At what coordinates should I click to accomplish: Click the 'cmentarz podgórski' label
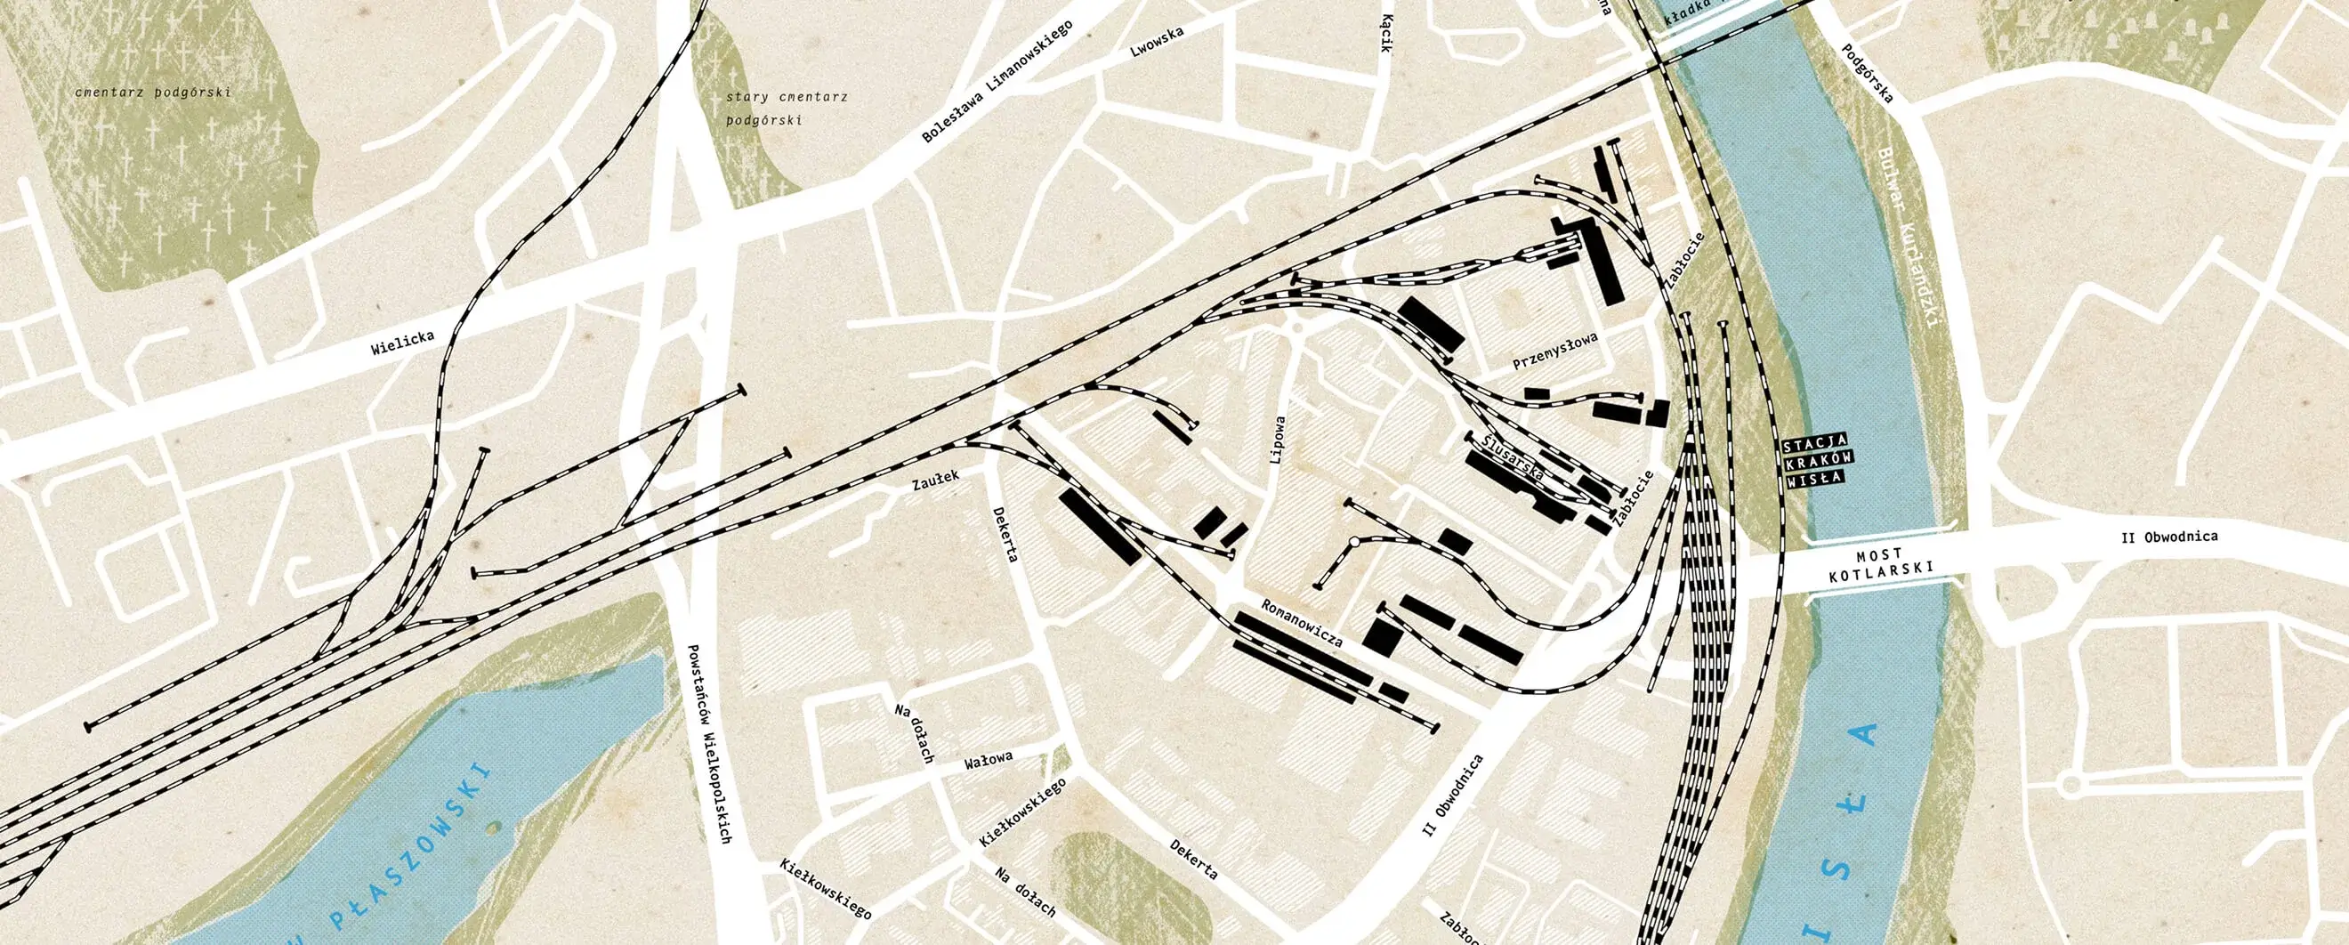[x=154, y=93]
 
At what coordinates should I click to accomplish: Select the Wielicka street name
[x=402, y=343]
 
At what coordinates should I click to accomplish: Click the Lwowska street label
[x=1157, y=42]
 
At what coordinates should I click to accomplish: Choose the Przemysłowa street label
[x=1555, y=351]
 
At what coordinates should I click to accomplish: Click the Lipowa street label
[x=1279, y=440]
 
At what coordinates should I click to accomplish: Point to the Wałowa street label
[x=989, y=762]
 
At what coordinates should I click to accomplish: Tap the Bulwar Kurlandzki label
[x=1909, y=239]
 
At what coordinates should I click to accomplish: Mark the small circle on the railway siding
[x=1354, y=543]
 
